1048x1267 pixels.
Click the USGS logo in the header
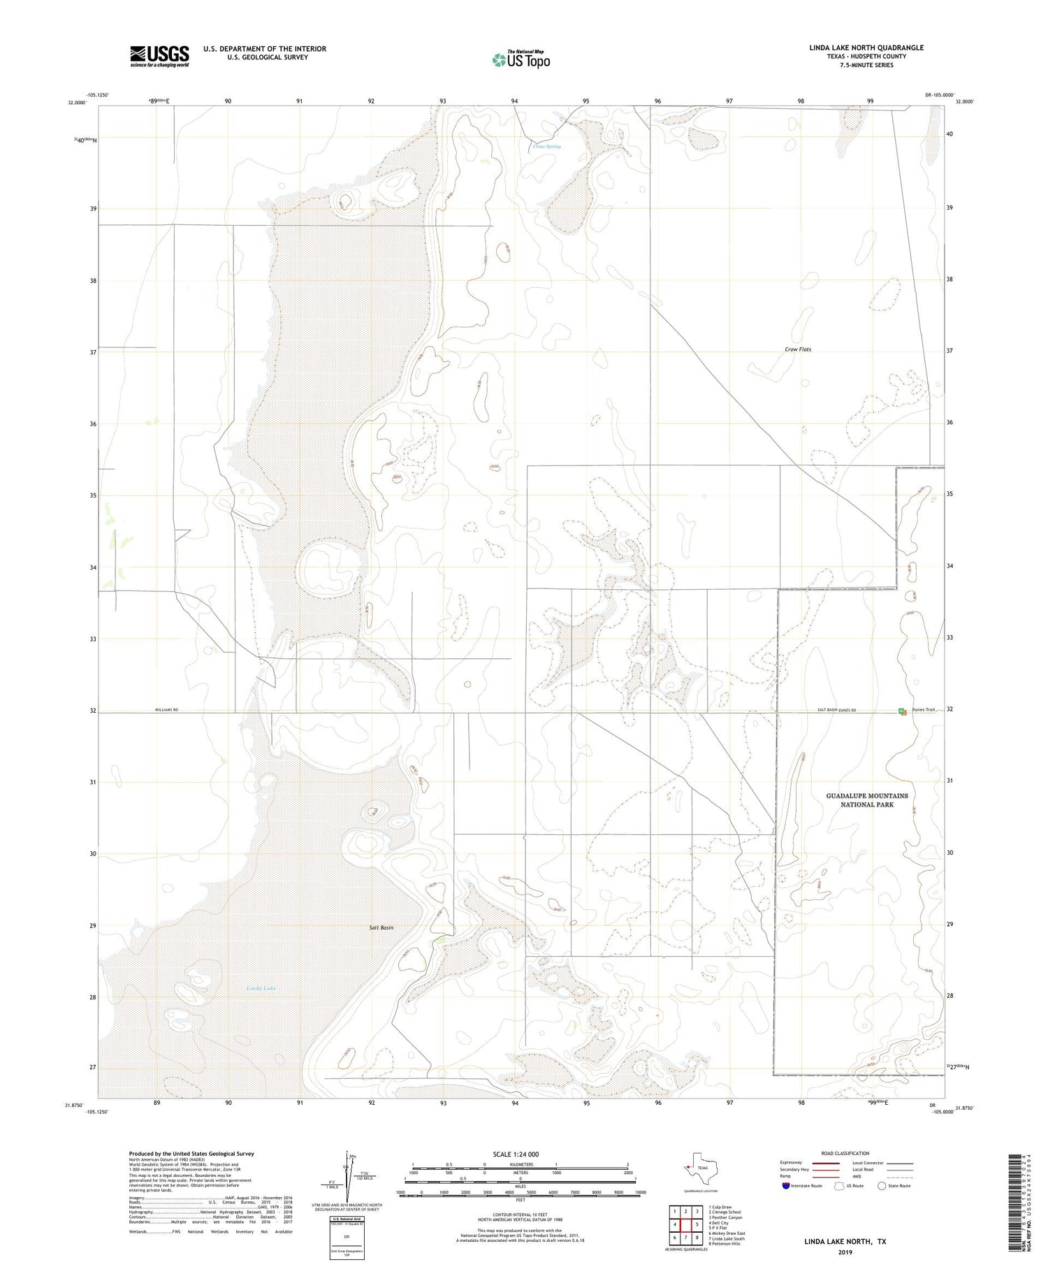click(x=159, y=56)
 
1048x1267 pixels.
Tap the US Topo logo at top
click(x=521, y=59)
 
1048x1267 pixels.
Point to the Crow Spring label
click(x=546, y=147)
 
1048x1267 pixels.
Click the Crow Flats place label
click(x=798, y=349)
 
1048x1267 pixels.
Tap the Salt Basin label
click(x=381, y=927)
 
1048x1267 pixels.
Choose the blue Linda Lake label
click(x=261, y=989)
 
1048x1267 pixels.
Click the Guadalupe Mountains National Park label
click(x=867, y=800)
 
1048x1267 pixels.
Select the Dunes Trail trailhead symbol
click(x=902, y=711)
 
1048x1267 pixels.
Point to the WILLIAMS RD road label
click(x=166, y=710)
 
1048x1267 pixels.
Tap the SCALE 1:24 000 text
click(x=516, y=1154)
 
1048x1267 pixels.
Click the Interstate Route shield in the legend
click(x=786, y=1186)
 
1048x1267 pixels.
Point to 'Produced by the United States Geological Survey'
click(x=191, y=1154)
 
